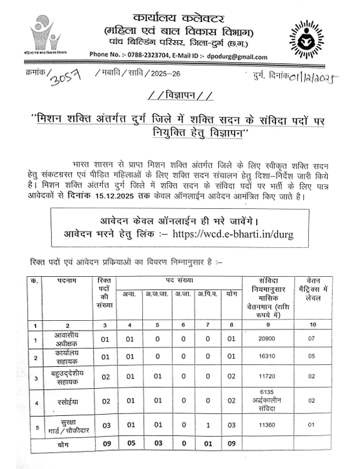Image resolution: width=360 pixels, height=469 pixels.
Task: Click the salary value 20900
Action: tap(267, 338)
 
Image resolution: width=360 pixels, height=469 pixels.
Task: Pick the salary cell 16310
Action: tap(267, 356)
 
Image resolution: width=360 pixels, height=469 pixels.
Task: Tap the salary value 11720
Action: tap(267, 376)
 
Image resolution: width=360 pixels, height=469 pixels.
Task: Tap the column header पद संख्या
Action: tap(176, 279)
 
